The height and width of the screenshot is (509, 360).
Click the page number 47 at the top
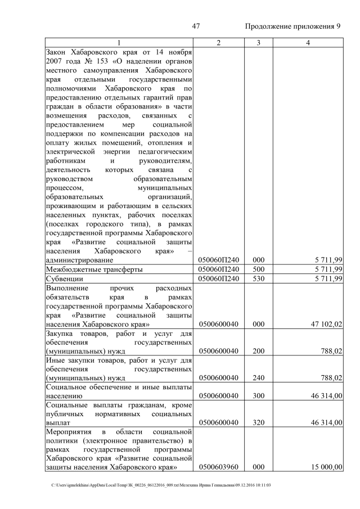point(196,27)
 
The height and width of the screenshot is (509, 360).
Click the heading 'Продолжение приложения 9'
point(293,27)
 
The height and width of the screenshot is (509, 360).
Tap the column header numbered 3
point(258,43)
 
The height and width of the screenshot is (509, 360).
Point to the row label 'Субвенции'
point(65,278)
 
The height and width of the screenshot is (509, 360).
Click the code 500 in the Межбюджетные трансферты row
point(258,269)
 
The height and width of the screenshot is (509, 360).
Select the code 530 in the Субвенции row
point(258,278)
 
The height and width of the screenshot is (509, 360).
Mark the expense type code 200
point(258,351)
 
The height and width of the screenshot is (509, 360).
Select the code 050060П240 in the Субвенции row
point(219,278)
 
